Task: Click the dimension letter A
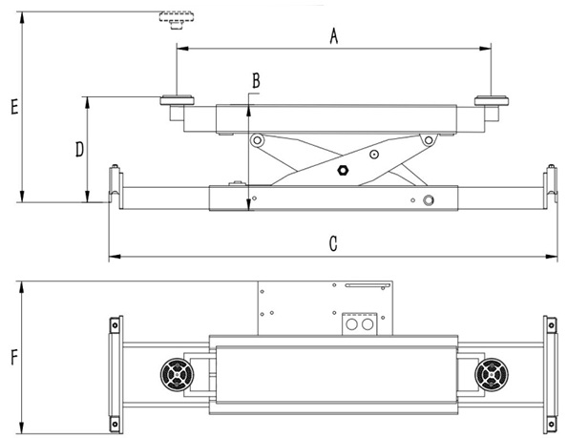click(334, 37)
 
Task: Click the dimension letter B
click(256, 81)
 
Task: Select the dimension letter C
click(333, 244)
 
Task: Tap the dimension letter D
click(79, 149)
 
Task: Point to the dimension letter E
click(14, 107)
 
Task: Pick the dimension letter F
click(14, 358)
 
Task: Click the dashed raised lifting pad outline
click(177, 20)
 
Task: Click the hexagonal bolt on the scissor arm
click(342, 170)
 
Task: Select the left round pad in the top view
click(177, 374)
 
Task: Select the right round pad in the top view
click(492, 374)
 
